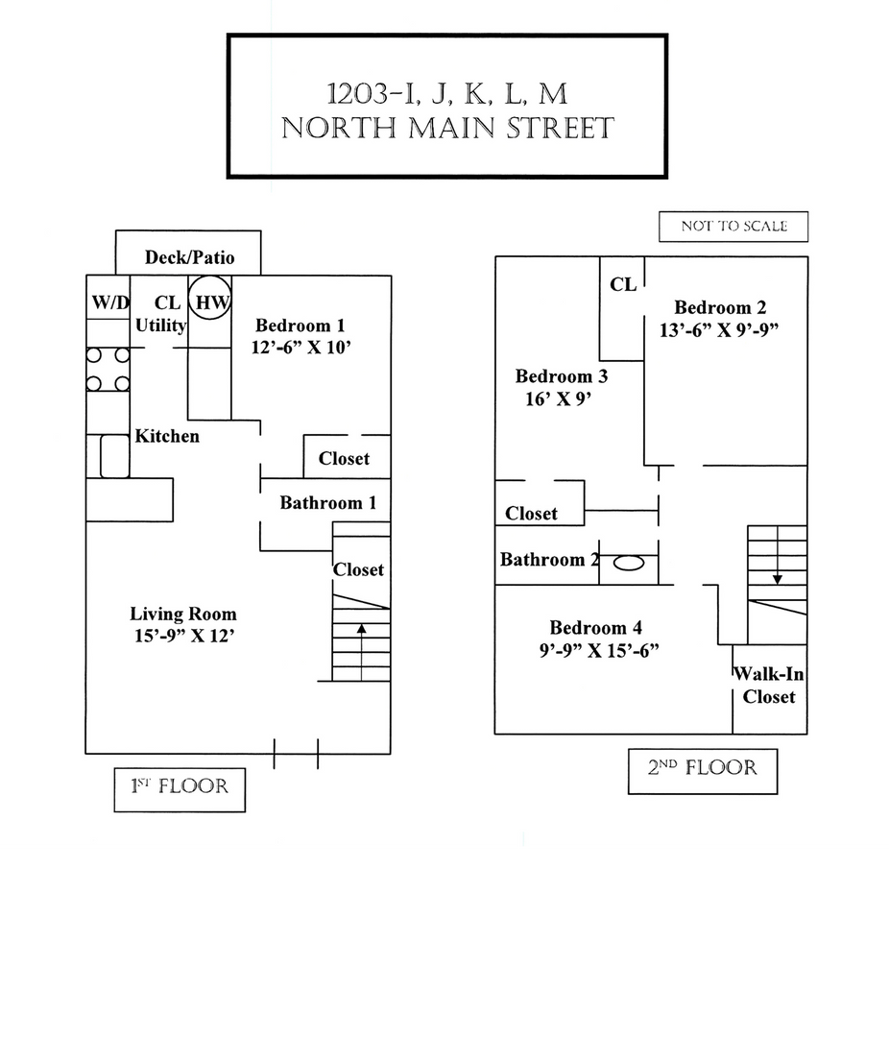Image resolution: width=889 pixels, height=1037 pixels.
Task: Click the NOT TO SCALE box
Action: tap(733, 227)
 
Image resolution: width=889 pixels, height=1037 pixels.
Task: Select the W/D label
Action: tap(110, 302)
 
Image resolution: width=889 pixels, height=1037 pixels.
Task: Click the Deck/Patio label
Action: tap(189, 257)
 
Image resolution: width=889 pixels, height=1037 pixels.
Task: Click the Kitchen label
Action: tap(167, 436)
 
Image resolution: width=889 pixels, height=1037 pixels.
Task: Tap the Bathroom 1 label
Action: tap(327, 502)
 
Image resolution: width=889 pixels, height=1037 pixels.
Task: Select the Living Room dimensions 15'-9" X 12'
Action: tap(183, 636)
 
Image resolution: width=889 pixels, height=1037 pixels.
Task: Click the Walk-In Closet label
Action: tap(768, 686)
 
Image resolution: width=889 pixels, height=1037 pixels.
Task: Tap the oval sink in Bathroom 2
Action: tap(628, 563)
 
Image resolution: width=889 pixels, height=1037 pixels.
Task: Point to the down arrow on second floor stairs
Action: tap(776, 578)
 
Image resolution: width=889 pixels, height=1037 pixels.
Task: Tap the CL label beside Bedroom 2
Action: tap(623, 284)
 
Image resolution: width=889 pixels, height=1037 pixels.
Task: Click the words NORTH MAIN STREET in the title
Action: tap(447, 129)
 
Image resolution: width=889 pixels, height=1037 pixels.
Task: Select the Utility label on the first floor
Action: tap(160, 326)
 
